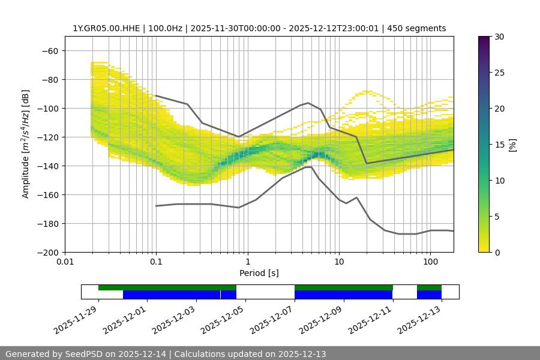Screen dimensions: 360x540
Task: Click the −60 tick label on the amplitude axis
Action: pyautogui.click(x=49, y=50)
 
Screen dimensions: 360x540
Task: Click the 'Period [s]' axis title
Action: pyautogui.click(x=259, y=274)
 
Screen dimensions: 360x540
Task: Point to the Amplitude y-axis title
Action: pyautogui.click(x=26, y=144)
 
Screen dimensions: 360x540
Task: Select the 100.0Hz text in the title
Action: pyautogui.click(x=164, y=28)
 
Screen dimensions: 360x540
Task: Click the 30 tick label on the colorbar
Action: pyautogui.click(x=499, y=37)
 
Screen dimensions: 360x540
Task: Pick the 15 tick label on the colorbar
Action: pyautogui.click(x=499, y=145)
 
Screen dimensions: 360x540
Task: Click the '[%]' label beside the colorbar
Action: pyautogui.click(x=512, y=145)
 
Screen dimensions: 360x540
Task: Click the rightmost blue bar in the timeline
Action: pyautogui.click(x=429, y=295)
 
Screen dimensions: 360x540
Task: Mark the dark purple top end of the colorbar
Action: pyautogui.click(x=484, y=38)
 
